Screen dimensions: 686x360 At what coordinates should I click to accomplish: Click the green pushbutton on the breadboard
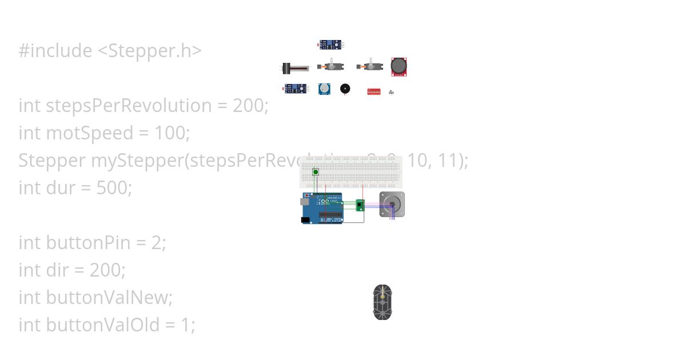tap(316, 171)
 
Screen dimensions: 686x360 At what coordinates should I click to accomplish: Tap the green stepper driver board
tap(360, 205)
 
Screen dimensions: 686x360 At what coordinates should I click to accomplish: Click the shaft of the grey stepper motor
tap(392, 204)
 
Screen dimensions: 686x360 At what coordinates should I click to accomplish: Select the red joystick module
tap(399, 67)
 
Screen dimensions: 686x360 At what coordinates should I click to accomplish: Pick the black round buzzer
tap(345, 89)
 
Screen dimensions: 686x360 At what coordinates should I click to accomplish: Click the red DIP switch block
tap(374, 91)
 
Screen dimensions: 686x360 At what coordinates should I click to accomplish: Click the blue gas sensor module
tap(324, 89)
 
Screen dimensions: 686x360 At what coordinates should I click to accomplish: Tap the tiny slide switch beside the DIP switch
tap(392, 92)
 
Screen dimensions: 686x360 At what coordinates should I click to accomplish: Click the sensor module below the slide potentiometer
tap(295, 89)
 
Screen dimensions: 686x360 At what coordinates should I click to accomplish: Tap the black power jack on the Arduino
tap(305, 219)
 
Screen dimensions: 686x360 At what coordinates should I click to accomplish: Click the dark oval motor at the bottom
tap(382, 302)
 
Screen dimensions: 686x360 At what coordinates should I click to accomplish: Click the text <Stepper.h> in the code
tap(150, 51)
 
